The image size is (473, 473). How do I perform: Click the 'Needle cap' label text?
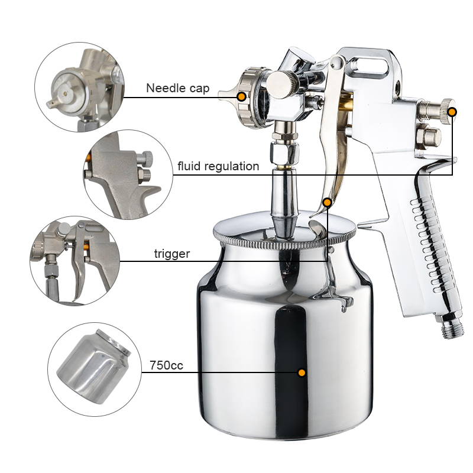(x=178, y=88)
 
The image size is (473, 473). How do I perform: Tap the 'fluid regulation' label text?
(x=218, y=166)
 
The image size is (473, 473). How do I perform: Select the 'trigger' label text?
(x=172, y=254)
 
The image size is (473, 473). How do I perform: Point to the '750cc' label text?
(x=167, y=365)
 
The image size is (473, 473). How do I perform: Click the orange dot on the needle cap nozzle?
(x=241, y=97)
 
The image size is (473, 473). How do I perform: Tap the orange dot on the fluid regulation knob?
(x=452, y=112)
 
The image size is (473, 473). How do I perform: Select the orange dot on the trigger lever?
(x=328, y=202)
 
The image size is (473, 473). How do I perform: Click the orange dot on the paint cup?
(x=302, y=373)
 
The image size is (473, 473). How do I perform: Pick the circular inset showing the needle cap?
(x=80, y=87)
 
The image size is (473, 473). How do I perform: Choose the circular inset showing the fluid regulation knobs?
(x=128, y=174)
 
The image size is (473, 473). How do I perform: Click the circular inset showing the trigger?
(x=75, y=261)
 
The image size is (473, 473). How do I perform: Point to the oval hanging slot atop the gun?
(x=370, y=66)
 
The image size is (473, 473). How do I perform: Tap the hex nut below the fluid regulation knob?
(x=428, y=135)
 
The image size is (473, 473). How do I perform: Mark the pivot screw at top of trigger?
(x=338, y=63)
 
